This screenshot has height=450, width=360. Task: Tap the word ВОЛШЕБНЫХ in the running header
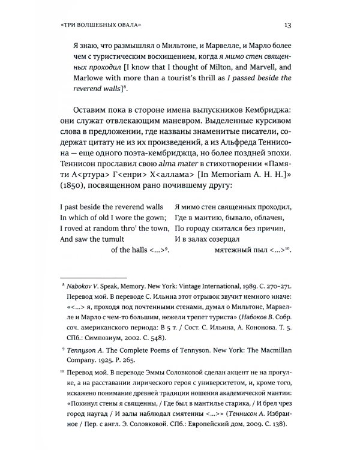100,26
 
